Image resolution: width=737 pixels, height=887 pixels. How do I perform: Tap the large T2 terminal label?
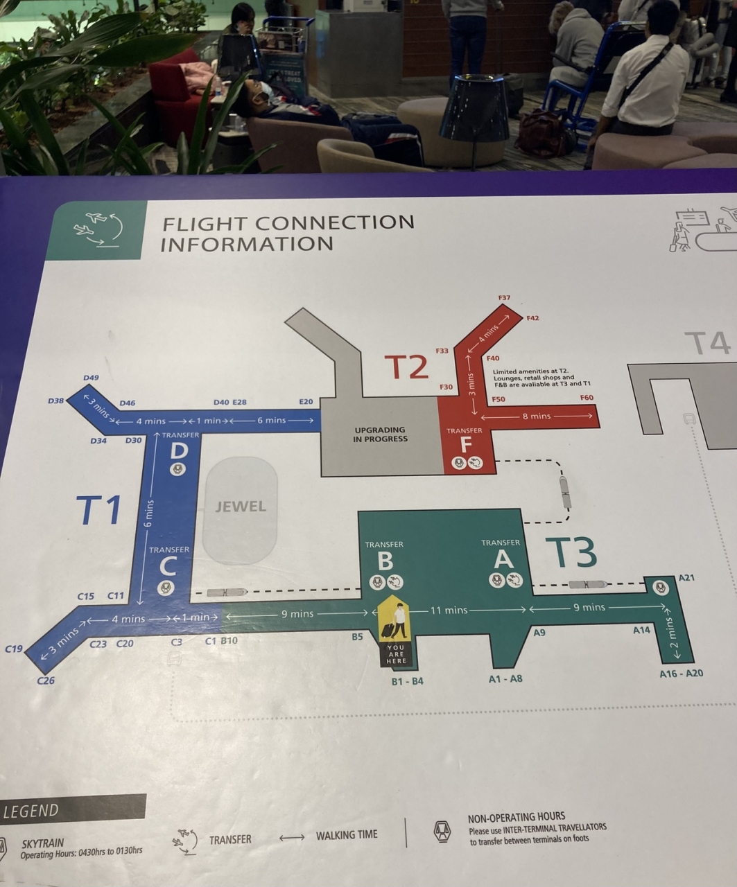[x=406, y=367]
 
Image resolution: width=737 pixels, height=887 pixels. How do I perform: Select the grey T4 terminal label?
[x=706, y=343]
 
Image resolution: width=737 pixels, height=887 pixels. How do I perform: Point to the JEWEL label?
[x=241, y=507]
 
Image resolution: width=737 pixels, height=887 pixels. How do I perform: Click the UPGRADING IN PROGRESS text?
[x=380, y=434]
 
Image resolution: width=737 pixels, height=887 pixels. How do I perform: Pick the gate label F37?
[x=504, y=298]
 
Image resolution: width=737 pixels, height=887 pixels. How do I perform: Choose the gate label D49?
[x=91, y=378]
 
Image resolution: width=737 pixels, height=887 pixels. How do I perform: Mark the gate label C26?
[x=46, y=680]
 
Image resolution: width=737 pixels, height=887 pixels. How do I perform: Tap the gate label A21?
[x=686, y=577]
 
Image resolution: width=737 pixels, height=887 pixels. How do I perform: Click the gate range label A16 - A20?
[x=681, y=674]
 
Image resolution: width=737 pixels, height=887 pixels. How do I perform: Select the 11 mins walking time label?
[x=449, y=611]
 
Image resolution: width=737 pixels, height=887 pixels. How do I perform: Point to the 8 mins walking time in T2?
[x=536, y=416]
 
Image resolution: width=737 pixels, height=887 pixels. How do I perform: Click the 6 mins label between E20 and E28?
[x=271, y=421]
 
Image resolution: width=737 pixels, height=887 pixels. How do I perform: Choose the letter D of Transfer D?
[x=179, y=451]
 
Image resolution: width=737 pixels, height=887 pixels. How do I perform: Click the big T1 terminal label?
[x=99, y=511]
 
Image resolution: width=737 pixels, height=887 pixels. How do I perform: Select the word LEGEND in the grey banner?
[x=32, y=811]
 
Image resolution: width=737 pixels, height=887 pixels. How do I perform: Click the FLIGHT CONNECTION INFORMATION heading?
[x=287, y=233]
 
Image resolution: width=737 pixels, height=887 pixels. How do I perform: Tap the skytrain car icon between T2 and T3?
[x=566, y=491]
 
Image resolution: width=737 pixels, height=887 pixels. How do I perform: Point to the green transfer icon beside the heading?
[x=97, y=229]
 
